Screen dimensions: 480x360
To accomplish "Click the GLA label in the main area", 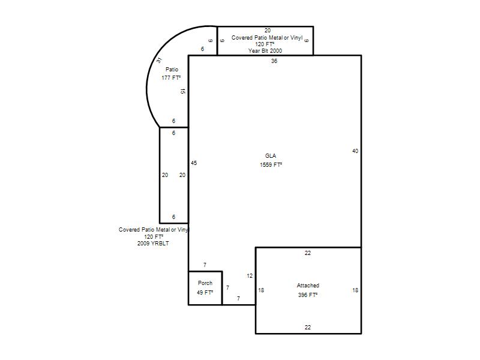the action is [x=271, y=156].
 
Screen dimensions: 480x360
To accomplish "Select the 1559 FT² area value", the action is [x=271, y=164].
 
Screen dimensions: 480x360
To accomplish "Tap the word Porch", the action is [x=205, y=283].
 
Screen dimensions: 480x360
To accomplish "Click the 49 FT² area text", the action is [x=205, y=293].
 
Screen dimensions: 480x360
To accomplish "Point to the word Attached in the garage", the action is [x=308, y=286].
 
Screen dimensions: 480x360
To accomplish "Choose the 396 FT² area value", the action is [x=308, y=295].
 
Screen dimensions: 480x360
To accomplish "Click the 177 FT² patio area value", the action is [x=171, y=78].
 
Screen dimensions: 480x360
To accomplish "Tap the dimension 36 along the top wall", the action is [x=274, y=61].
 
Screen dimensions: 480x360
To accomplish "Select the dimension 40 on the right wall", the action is [x=355, y=151].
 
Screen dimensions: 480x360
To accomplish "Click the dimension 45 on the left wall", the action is [x=194, y=163].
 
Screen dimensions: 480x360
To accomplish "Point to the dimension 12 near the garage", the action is [x=250, y=276].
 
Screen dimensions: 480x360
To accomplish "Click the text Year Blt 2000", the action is [x=265, y=51].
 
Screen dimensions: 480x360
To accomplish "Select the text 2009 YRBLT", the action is [x=153, y=244].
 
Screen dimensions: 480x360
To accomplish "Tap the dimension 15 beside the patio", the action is [x=183, y=91].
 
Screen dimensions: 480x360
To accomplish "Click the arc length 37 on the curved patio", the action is [x=159, y=61].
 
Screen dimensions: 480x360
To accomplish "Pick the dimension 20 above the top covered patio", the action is [x=268, y=31].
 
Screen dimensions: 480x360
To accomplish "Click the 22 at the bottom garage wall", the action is [x=308, y=328].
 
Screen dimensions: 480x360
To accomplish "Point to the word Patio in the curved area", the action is [x=172, y=70].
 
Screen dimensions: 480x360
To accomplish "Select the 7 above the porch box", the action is [x=205, y=265].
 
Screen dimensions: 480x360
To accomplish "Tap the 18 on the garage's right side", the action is [x=355, y=290].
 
